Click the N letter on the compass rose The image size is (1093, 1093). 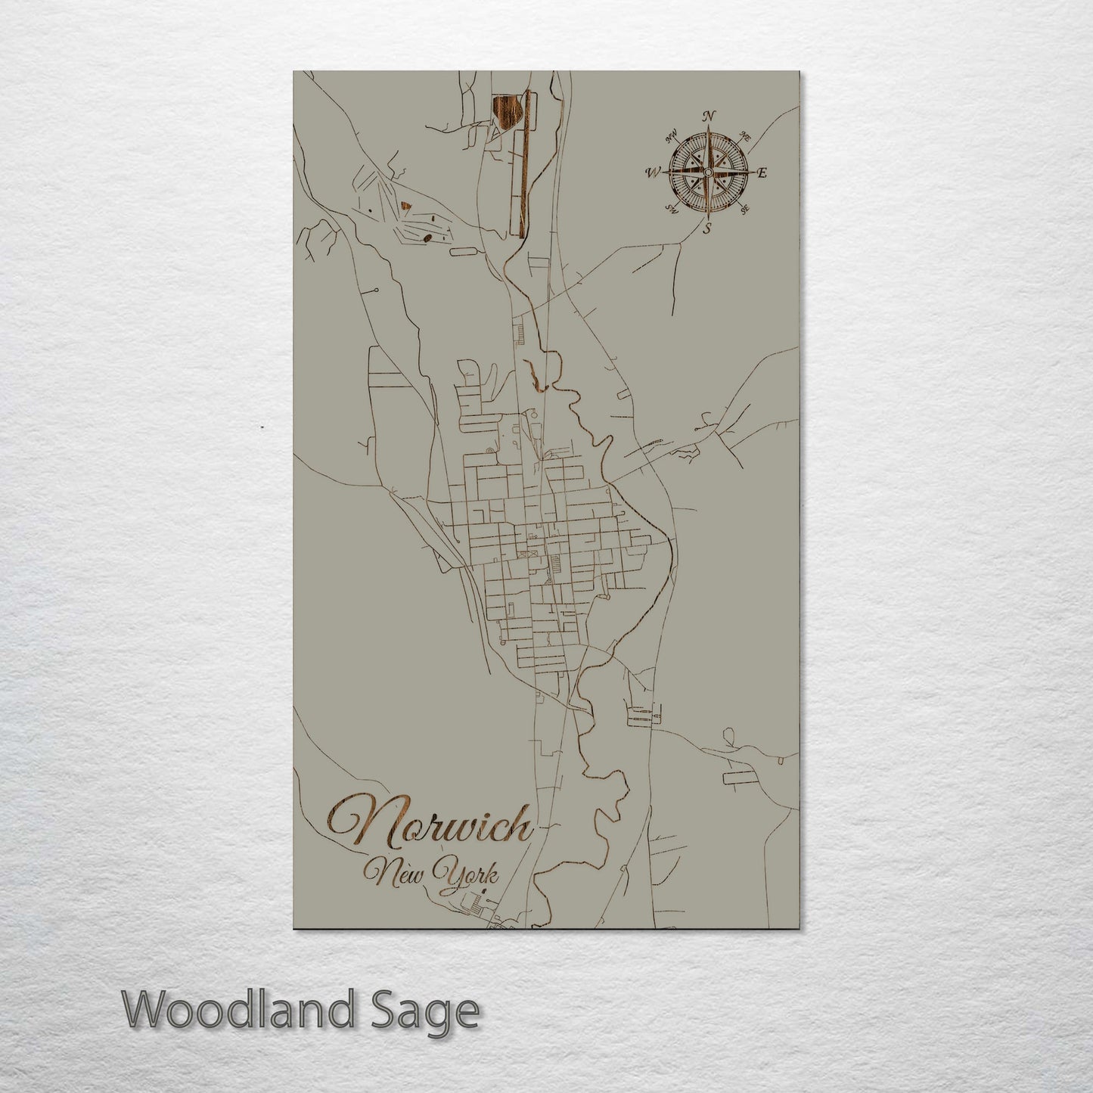(x=709, y=116)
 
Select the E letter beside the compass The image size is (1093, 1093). (x=762, y=173)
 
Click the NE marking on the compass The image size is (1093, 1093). (x=744, y=138)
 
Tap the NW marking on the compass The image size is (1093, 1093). (x=670, y=138)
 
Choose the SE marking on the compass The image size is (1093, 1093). (x=744, y=209)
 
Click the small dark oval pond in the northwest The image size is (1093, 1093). (x=429, y=238)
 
